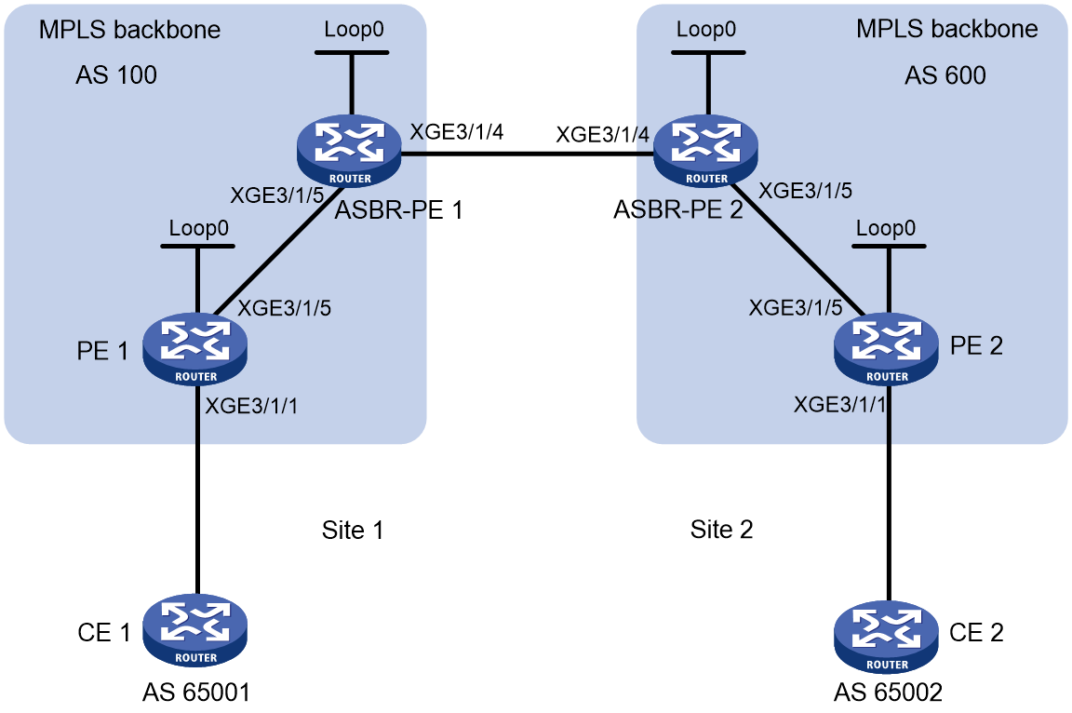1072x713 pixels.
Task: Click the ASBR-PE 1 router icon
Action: point(349,151)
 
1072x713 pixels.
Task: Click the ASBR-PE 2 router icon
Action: point(705,151)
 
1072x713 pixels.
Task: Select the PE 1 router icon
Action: point(195,349)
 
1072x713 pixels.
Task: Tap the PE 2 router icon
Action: point(887,349)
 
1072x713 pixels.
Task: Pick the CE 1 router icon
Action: point(195,629)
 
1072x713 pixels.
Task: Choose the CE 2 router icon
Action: point(887,637)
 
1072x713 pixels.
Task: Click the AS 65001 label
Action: point(196,693)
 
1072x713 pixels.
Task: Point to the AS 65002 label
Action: point(888,693)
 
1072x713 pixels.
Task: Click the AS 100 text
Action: point(116,74)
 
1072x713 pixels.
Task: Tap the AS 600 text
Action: point(945,74)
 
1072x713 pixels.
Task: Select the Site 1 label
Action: point(353,530)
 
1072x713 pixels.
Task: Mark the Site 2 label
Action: point(721,529)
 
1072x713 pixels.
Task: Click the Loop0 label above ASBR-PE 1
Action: point(354,30)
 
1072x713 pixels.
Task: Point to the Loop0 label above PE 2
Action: point(885,228)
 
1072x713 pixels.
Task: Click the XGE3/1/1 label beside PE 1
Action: point(251,406)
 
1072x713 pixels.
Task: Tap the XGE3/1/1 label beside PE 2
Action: point(839,405)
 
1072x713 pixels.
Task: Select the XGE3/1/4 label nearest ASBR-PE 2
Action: point(602,135)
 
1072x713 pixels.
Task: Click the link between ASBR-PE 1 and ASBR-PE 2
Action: point(527,154)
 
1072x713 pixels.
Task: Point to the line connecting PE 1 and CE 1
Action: point(197,490)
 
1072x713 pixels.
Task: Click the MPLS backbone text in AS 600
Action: point(947,29)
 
